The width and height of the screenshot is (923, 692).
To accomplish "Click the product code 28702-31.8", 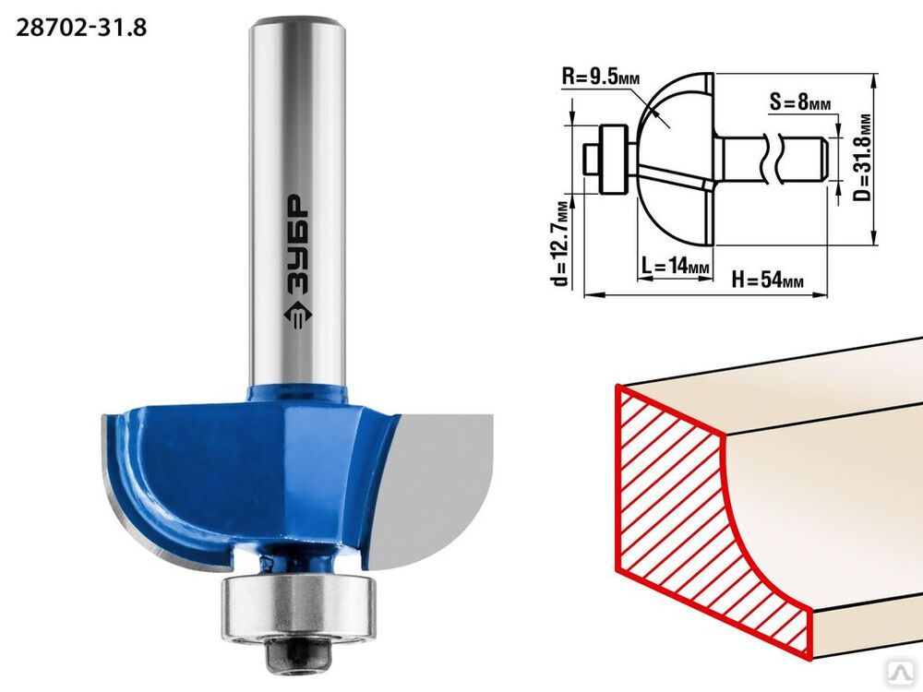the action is click(x=81, y=28).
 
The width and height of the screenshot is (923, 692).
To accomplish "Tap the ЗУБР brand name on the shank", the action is click(x=298, y=245).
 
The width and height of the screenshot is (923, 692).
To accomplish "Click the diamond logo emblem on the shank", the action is click(x=298, y=316).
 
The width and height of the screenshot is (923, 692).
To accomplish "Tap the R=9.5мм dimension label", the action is click(x=601, y=76).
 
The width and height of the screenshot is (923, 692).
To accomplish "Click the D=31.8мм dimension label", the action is click(x=862, y=157).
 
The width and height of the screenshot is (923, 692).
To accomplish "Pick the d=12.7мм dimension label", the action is click(x=561, y=244).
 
